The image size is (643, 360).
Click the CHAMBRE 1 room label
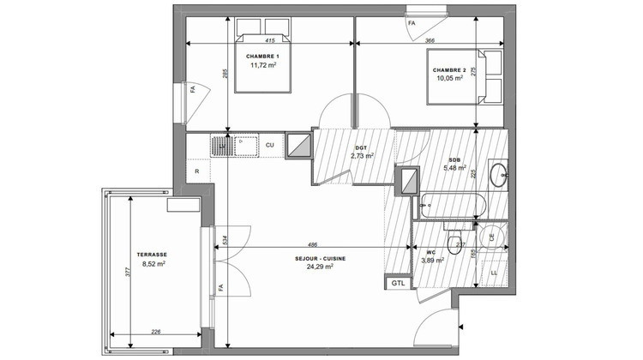point(263,56)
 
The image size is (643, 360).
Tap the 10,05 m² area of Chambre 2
point(449,78)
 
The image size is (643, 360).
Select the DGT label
point(361,147)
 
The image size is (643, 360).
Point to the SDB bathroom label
point(454,159)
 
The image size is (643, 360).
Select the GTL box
point(398,283)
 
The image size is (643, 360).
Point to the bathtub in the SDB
point(453,206)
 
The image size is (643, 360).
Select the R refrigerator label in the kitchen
point(198,171)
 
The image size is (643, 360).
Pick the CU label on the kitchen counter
point(269,145)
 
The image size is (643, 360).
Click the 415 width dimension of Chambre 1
point(269,40)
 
